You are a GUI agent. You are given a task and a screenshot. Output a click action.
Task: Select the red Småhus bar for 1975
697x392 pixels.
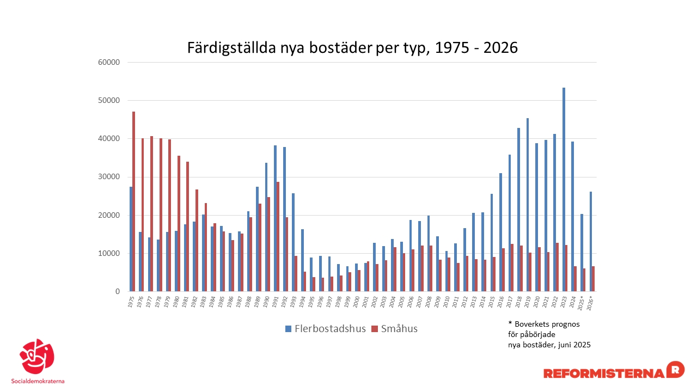tap(133, 201)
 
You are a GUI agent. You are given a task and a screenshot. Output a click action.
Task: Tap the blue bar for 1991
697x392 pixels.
tap(276, 218)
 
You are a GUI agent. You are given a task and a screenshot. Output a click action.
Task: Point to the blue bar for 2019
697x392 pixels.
tap(528, 205)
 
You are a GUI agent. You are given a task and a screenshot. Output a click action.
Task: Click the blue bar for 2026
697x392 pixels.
tap(591, 242)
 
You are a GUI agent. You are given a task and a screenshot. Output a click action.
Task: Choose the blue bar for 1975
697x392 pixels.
tap(131, 239)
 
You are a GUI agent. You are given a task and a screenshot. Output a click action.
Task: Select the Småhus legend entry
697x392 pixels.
tap(394, 328)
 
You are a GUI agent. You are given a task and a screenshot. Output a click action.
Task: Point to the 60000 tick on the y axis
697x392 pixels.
tap(108, 62)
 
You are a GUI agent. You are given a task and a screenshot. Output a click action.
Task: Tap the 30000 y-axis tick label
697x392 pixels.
tap(108, 177)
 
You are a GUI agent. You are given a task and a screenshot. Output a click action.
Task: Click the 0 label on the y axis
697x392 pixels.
tap(117, 292)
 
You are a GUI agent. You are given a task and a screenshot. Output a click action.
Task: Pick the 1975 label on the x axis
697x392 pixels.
tap(131, 302)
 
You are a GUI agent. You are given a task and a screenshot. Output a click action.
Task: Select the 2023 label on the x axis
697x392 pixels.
tap(564, 302)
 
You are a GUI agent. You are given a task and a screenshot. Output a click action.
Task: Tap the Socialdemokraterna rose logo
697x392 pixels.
tap(37, 357)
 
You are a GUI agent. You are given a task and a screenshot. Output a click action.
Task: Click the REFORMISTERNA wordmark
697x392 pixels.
tap(604, 373)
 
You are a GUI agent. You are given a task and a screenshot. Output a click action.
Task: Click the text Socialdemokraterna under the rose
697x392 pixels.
tap(38, 381)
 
